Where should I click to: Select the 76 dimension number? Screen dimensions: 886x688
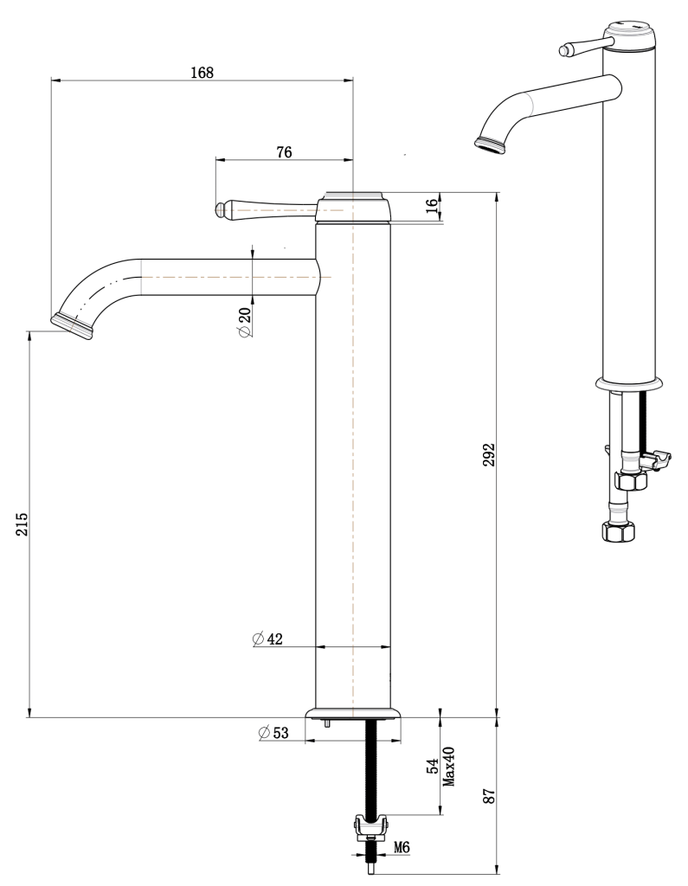pyautogui.click(x=283, y=151)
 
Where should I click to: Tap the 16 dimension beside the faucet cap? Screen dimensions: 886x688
pyautogui.click(x=432, y=206)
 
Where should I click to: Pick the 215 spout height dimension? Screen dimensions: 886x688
pyautogui.click(x=22, y=525)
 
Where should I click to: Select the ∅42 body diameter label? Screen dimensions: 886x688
pyautogui.click(x=268, y=639)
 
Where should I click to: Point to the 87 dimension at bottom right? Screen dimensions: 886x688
pyautogui.click(x=488, y=796)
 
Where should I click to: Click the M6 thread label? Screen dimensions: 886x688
pyautogui.click(x=402, y=847)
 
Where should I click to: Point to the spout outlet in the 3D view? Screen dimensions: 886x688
pyautogui.click(x=490, y=143)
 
